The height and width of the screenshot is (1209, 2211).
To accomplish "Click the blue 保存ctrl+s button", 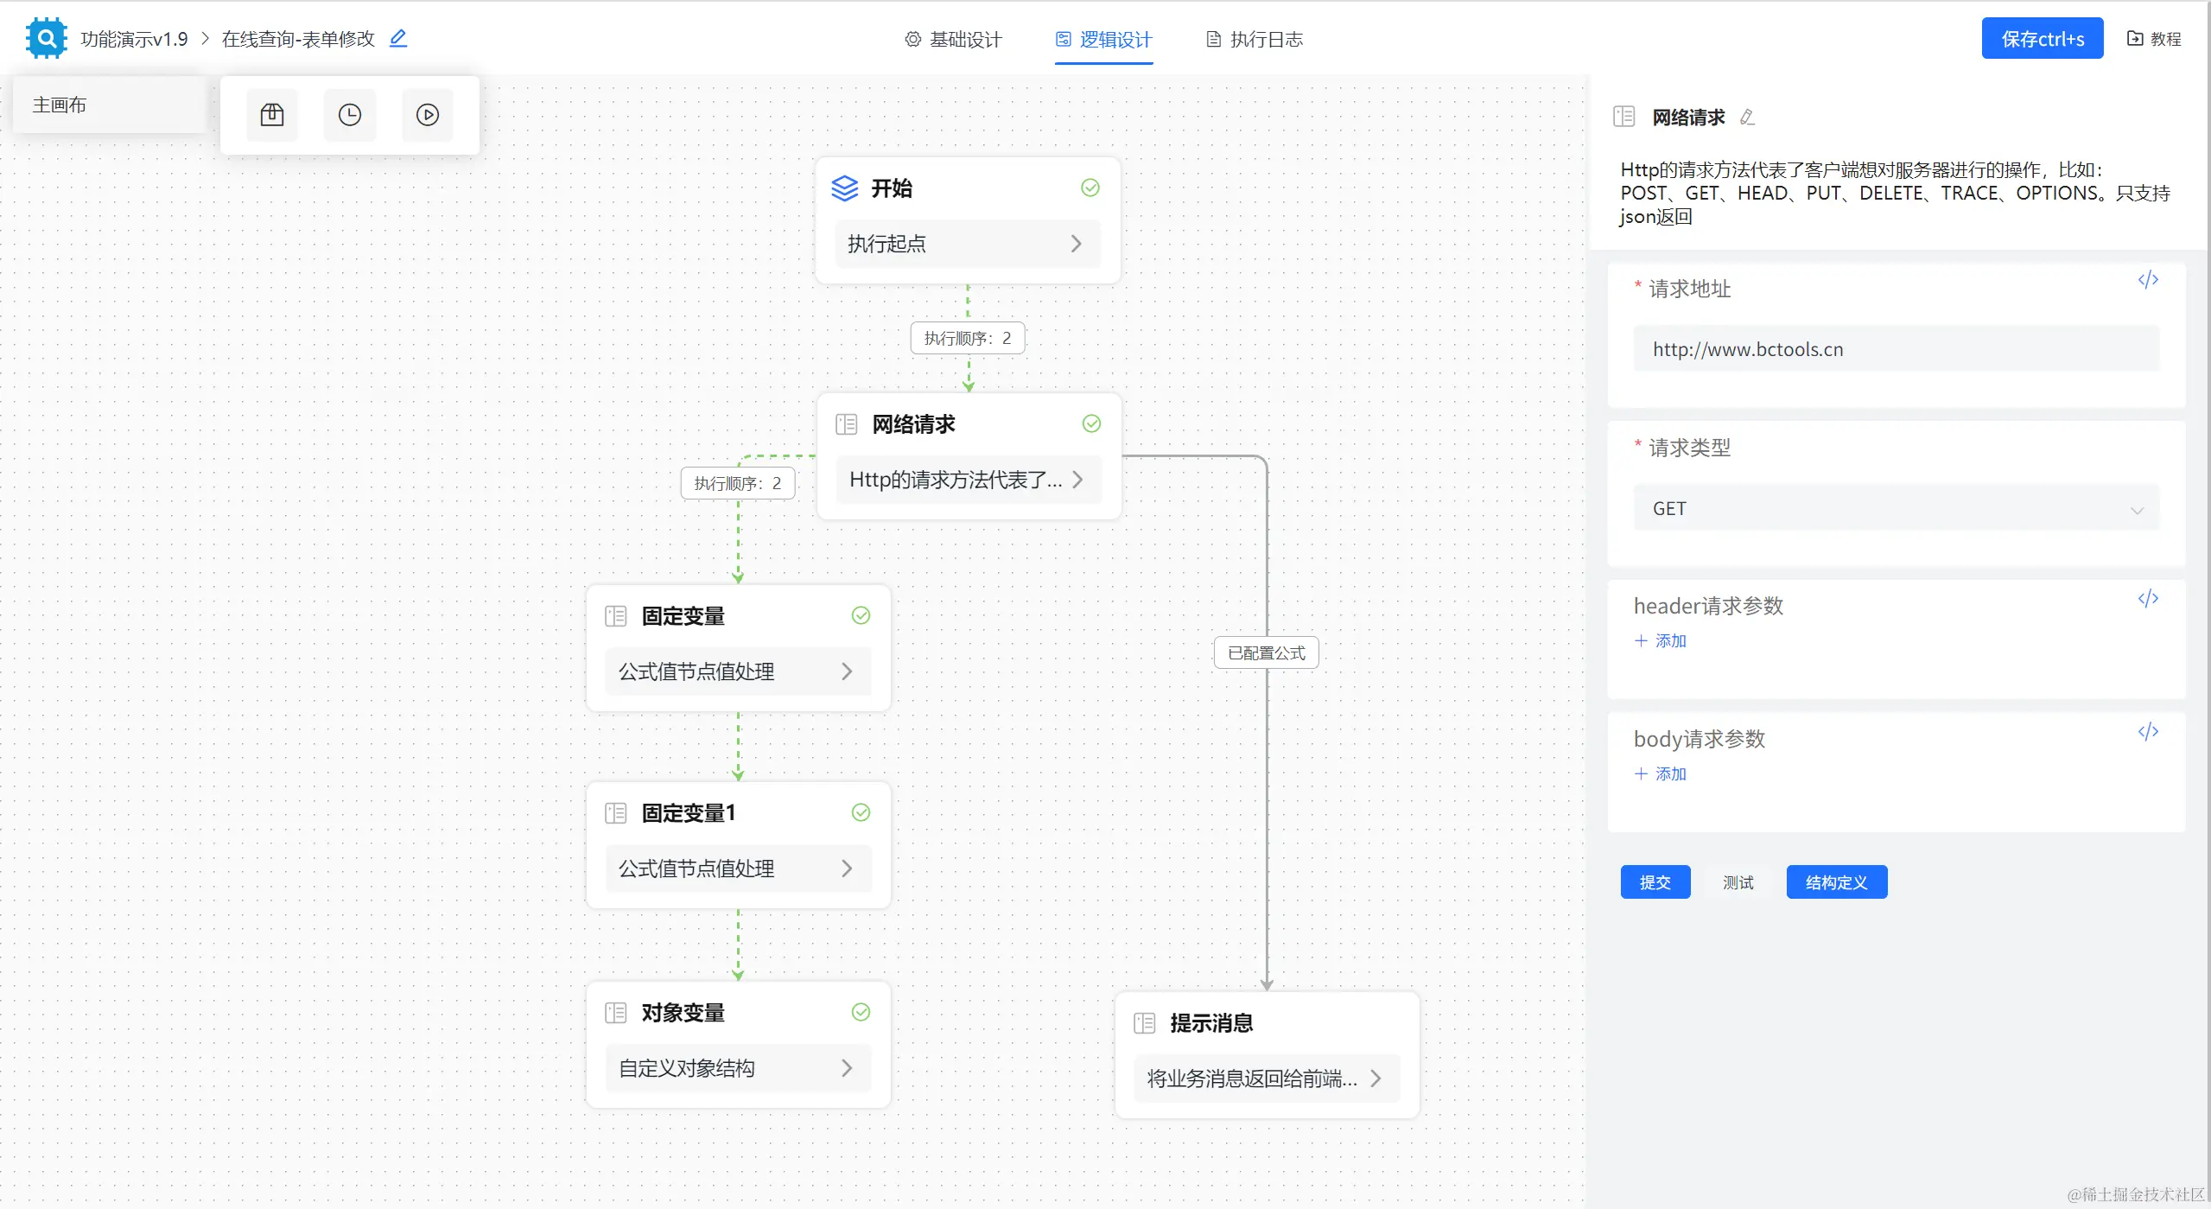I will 2042,39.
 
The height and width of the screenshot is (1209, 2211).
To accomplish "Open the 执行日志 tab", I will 1255,39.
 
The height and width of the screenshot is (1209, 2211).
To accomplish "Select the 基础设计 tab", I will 953,39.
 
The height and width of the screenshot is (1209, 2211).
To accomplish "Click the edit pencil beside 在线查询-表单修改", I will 397,38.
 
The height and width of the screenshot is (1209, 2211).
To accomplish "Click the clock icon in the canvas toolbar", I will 350,115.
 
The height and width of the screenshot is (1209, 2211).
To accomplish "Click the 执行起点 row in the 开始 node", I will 967,244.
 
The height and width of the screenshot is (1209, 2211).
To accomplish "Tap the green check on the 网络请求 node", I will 1091,423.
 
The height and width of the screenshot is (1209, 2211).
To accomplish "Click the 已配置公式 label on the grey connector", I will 1266,653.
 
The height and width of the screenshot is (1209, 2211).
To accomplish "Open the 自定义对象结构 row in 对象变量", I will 738,1068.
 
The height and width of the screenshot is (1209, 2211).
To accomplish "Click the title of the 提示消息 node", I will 1211,1023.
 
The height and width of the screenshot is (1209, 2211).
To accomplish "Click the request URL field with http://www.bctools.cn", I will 1896,349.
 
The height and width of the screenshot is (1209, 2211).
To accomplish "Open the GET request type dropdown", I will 1896,509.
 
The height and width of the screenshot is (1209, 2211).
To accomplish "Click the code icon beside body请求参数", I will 2148,732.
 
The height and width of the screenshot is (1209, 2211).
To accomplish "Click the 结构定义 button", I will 1836,882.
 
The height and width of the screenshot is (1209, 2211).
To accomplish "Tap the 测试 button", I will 1738,882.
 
